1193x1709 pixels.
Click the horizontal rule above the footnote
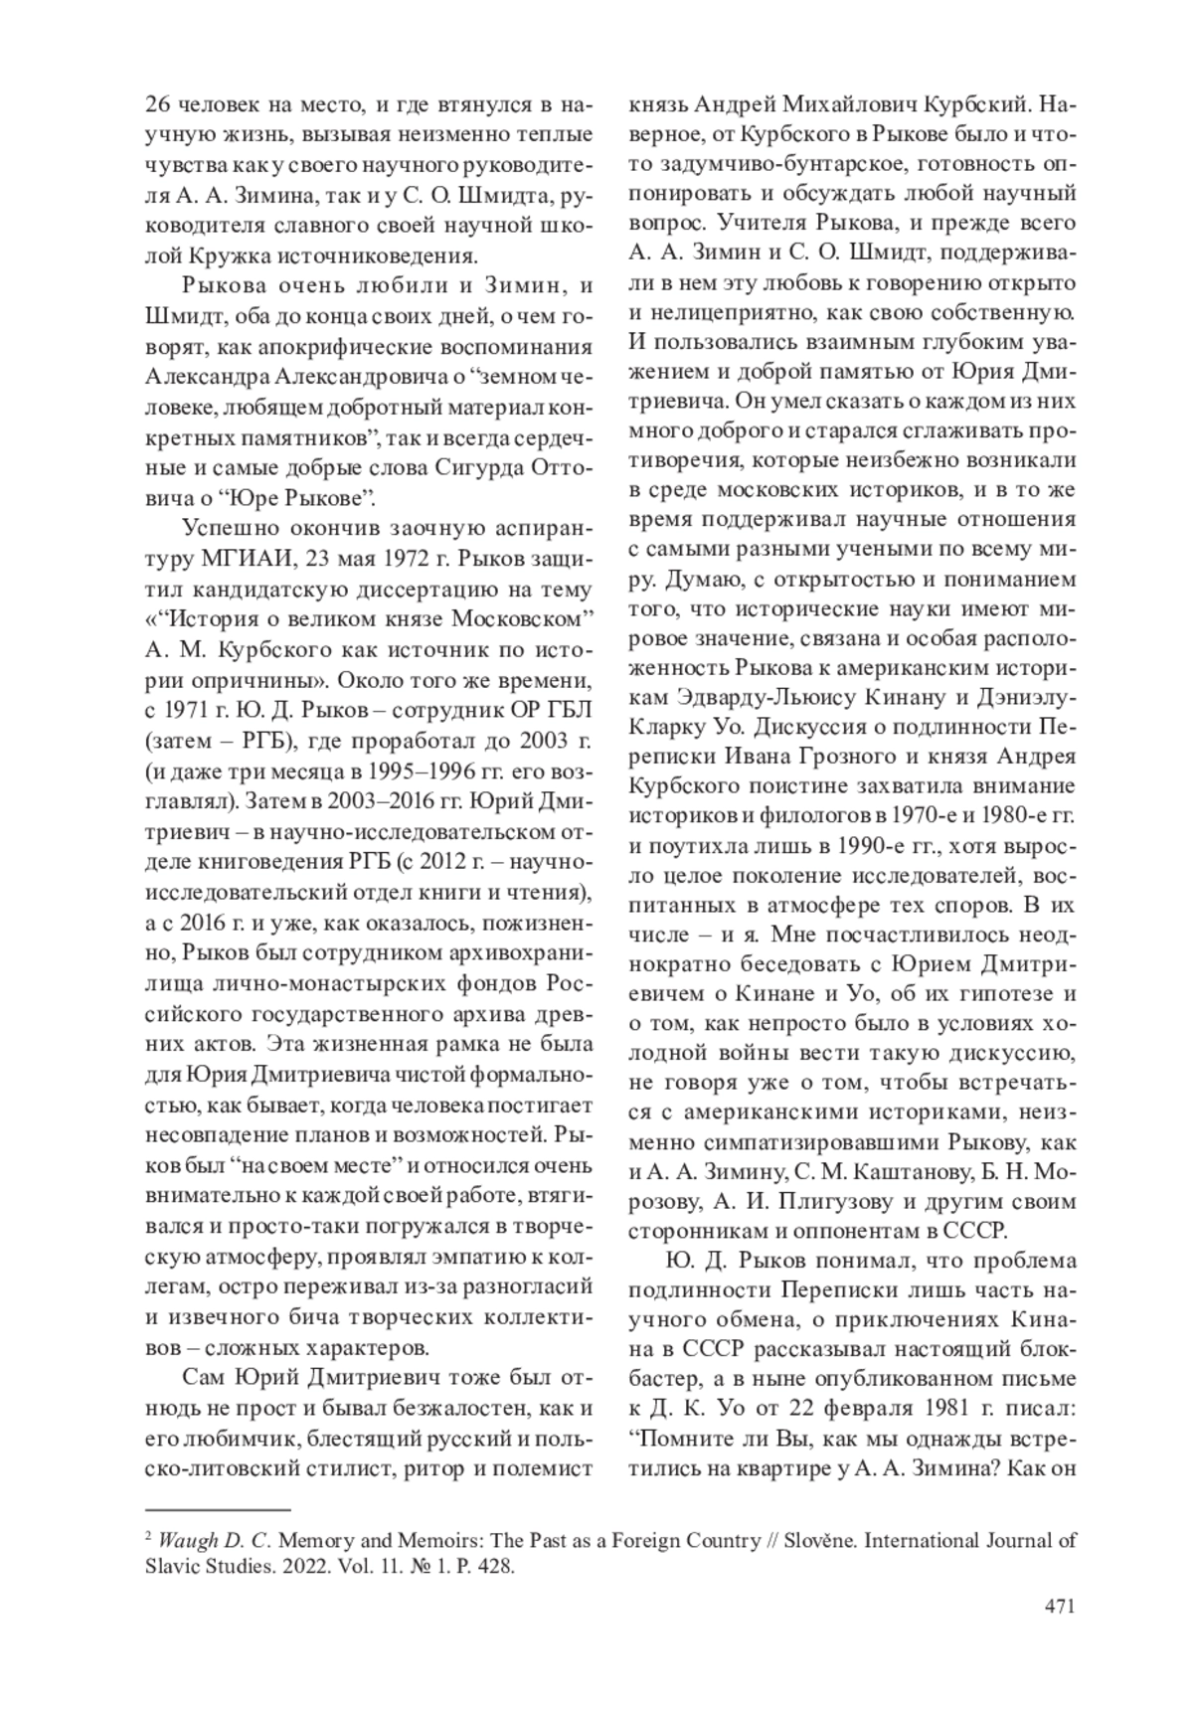click(x=217, y=1510)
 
